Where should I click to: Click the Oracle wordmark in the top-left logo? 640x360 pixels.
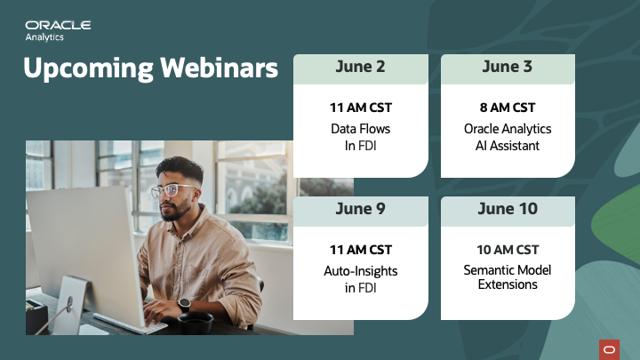click(58, 25)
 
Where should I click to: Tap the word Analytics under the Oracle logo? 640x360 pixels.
click(44, 37)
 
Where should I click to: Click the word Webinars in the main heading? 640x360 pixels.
click(219, 68)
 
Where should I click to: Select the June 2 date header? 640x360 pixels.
click(360, 67)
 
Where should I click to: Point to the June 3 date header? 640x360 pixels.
click(508, 67)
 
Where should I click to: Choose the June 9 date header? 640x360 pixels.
click(360, 209)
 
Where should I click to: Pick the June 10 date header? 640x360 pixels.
click(508, 209)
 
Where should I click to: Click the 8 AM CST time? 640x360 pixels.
click(508, 108)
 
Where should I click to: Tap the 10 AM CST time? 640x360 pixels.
click(508, 250)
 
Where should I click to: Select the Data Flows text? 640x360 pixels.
click(360, 129)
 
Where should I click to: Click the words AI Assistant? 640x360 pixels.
click(508, 146)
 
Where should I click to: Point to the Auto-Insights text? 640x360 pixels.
click(360, 271)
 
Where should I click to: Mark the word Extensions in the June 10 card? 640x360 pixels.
click(508, 284)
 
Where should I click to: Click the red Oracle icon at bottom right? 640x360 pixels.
click(610, 350)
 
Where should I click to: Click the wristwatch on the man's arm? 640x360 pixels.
click(184, 305)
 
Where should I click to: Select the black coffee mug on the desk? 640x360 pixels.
click(196, 323)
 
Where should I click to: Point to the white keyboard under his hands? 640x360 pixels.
click(130, 324)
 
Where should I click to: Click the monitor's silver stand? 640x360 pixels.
click(70, 305)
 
